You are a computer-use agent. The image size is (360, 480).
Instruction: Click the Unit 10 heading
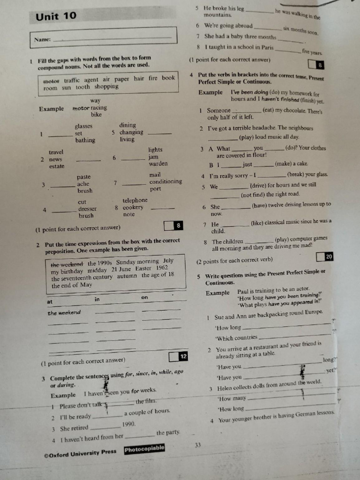click(56, 16)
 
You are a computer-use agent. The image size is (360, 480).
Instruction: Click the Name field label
click(42, 40)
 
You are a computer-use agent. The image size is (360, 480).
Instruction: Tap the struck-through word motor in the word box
click(52, 80)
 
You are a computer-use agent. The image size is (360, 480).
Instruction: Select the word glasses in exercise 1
click(83, 126)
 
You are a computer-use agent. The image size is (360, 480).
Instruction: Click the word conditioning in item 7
click(165, 182)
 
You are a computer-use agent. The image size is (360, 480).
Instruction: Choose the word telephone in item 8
click(135, 200)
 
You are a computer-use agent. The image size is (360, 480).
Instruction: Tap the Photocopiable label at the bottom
click(144, 450)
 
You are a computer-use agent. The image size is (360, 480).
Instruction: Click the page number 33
click(198, 445)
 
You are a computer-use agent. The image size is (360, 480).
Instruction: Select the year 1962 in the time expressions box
click(162, 268)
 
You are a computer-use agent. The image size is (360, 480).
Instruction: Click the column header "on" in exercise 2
click(144, 298)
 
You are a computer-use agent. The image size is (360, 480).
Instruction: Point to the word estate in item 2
click(56, 166)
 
